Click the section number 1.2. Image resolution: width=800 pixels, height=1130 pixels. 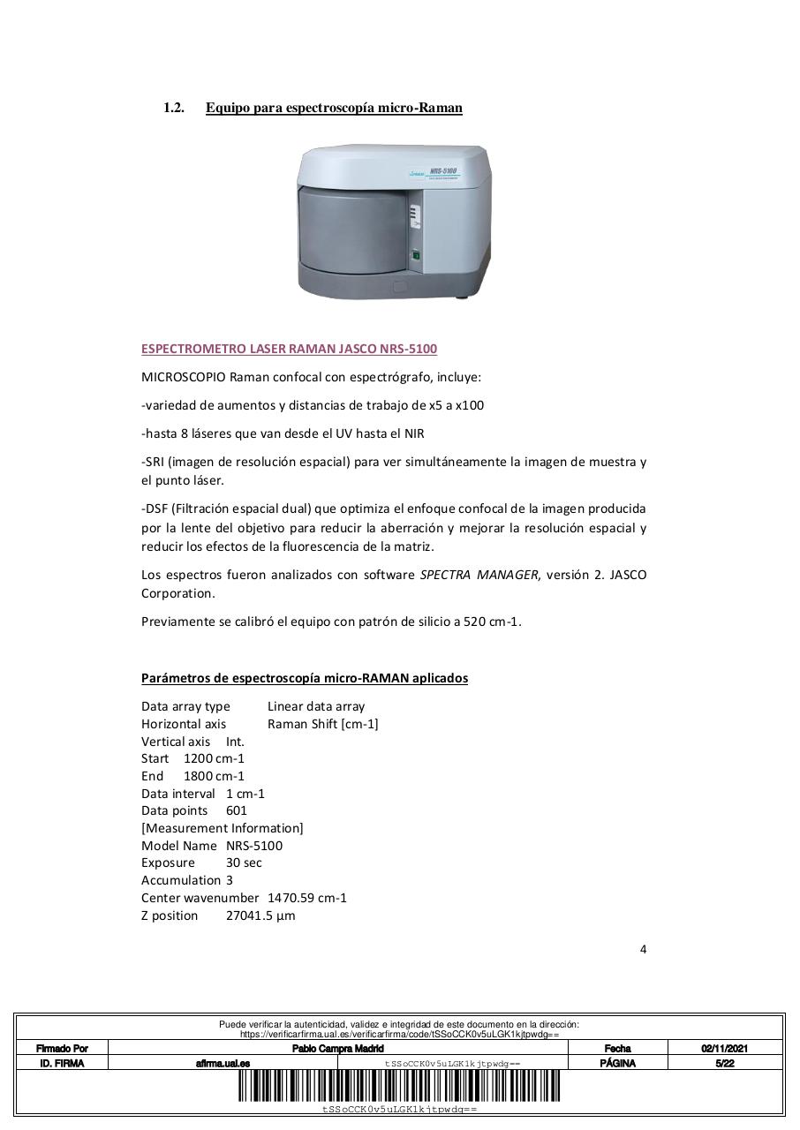tap(173, 108)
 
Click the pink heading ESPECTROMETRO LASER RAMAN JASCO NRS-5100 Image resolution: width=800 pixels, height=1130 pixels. tap(289, 349)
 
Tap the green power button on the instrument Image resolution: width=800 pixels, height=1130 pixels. tap(415, 257)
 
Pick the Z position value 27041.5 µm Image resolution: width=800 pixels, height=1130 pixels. tap(260, 915)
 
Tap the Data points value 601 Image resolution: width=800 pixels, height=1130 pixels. tap(237, 810)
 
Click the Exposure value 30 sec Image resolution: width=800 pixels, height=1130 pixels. tap(244, 863)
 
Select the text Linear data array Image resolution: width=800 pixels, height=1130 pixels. tap(315, 706)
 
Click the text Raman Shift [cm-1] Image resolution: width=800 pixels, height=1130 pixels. tap(322, 724)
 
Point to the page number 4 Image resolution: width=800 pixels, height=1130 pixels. tap(643, 950)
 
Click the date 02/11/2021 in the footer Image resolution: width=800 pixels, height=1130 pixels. tap(724, 1049)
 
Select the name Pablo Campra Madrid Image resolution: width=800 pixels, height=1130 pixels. tap(338, 1049)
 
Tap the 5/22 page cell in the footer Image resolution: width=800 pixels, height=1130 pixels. tap(724, 1064)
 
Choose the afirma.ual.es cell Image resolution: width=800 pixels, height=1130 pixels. tap(223, 1064)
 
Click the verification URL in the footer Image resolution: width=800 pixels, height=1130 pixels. tap(399, 1034)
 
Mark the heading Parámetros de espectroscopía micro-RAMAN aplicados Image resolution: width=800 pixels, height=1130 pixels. tap(305, 678)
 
